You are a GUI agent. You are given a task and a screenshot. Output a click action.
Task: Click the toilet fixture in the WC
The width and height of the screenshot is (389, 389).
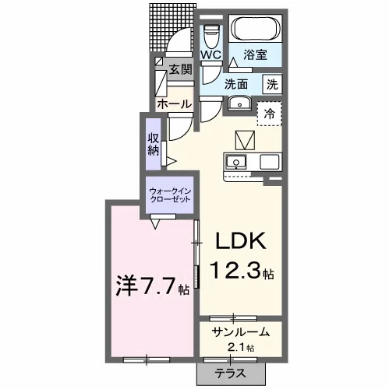click(x=210, y=36)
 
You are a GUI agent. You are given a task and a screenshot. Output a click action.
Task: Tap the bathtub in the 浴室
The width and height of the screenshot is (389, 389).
click(x=256, y=29)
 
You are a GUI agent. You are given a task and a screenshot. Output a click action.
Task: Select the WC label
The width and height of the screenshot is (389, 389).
click(x=210, y=54)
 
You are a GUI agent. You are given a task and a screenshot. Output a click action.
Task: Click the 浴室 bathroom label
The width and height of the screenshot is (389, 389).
click(x=256, y=54)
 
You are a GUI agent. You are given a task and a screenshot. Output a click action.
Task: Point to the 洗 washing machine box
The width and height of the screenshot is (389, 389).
click(x=272, y=84)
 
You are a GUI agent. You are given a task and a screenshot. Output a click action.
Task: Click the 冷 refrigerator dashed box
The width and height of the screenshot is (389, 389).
click(x=270, y=114)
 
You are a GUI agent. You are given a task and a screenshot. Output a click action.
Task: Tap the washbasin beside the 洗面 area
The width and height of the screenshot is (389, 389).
click(x=239, y=103)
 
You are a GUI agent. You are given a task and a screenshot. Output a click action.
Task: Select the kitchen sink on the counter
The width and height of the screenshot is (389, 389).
click(x=236, y=162)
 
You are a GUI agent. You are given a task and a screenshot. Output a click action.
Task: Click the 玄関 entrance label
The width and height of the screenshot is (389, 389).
click(x=180, y=69)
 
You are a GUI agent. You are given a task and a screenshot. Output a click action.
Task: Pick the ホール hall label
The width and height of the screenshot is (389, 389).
click(x=174, y=104)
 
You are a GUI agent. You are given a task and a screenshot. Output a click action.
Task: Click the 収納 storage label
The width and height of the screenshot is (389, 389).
click(x=154, y=144)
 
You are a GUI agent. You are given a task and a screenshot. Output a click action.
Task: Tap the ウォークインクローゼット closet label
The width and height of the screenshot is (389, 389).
click(x=170, y=195)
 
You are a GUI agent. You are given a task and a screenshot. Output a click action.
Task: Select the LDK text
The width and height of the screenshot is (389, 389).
click(x=240, y=241)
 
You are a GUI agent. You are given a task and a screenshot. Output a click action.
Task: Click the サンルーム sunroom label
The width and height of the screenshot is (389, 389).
click(x=240, y=333)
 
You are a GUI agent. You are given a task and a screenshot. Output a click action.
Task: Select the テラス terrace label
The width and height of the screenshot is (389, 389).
click(x=230, y=373)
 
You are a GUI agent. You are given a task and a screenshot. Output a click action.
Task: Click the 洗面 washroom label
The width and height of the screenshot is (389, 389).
click(x=236, y=84)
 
